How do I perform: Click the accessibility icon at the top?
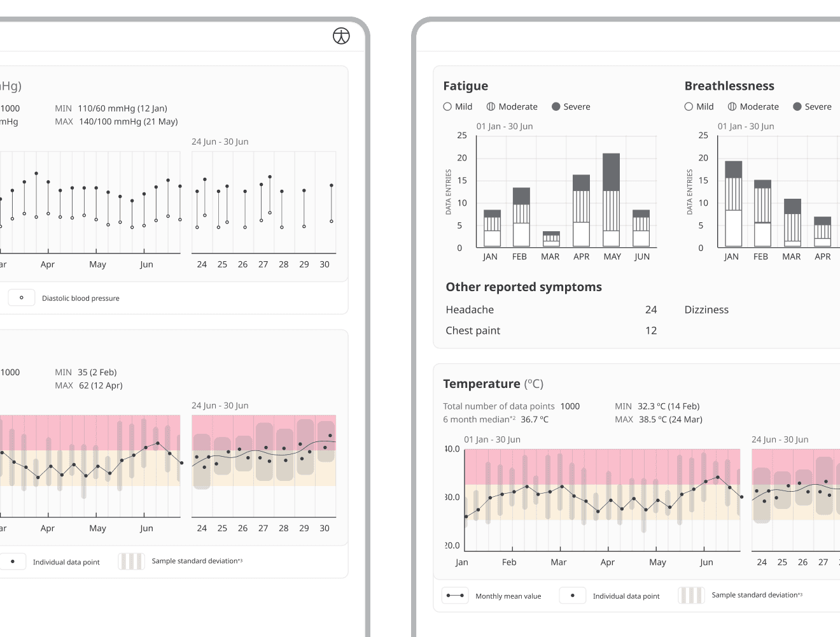click(341, 36)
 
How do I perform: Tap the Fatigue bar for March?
click(551, 239)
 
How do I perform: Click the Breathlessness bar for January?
click(733, 204)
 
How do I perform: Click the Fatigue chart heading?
click(465, 86)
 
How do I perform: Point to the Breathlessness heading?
click(729, 86)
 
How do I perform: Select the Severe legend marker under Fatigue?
click(556, 106)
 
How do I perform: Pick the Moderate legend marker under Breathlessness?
click(732, 106)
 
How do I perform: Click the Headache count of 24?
click(650, 310)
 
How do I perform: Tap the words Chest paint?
click(473, 331)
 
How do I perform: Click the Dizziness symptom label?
click(706, 310)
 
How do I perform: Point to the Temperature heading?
click(482, 383)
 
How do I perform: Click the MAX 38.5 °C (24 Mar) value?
click(669, 419)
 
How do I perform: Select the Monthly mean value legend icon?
click(455, 596)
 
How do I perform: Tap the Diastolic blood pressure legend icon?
click(22, 297)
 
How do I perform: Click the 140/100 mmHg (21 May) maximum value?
click(128, 122)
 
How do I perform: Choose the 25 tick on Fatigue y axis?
click(462, 135)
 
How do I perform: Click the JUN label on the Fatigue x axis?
click(642, 257)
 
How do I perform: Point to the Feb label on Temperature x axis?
click(509, 562)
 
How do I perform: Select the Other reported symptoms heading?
click(524, 287)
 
